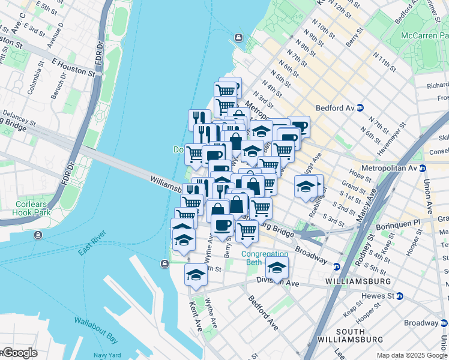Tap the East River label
point(92,242)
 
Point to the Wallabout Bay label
point(95,322)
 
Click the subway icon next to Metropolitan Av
point(423,169)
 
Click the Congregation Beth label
point(260,257)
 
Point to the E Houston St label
point(73,67)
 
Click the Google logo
point(19,353)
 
